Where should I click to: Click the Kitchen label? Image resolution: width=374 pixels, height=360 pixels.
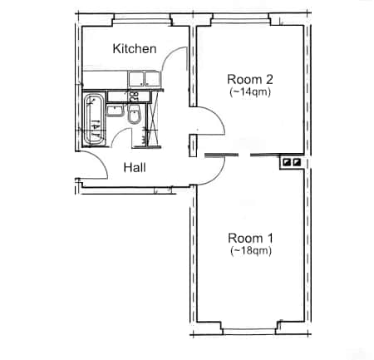click(135, 49)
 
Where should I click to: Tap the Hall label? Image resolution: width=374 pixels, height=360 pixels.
click(135, 168)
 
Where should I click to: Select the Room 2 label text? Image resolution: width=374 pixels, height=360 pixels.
click(250, 80)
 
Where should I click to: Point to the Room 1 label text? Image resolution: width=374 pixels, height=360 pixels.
click(250, 238)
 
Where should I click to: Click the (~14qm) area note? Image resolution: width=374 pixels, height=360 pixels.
click(250, 91)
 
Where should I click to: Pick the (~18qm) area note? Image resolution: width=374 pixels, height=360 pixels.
click(251, 251)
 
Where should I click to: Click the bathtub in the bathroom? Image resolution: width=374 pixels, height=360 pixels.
click(94, 120)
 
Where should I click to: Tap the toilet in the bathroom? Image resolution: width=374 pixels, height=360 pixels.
click(135, 114)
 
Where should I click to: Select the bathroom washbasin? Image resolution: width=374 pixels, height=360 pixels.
click(116, 111)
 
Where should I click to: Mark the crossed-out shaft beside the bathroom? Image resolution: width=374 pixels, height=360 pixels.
click(154, 119)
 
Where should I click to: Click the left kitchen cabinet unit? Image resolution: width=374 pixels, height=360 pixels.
click(135, 79)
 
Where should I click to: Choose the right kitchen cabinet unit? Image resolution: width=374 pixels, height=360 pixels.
click(152, 79)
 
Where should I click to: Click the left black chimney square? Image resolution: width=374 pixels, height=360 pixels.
click(287, 162)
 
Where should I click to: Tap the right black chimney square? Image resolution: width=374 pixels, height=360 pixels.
click(297, 162)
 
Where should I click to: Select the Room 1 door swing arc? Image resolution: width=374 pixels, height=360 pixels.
click(219, 175)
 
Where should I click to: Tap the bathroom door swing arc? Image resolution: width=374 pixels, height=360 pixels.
click(117, 134)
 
